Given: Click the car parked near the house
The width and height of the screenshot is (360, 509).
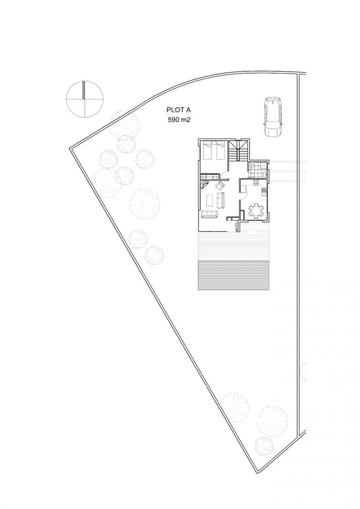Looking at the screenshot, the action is (x=273, y=117).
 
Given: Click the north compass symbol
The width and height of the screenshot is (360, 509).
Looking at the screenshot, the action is (x=85, y=99).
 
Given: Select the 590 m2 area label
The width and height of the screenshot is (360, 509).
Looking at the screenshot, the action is (x=179, y=120).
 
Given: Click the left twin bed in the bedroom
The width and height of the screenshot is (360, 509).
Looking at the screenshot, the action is (x=208, y=151).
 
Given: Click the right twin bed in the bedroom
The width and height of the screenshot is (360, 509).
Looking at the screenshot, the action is (x=220, y=151).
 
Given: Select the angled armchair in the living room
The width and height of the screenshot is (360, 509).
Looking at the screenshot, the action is (x=220, y=186).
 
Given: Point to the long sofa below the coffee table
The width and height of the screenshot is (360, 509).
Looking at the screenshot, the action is (x=210, y=214).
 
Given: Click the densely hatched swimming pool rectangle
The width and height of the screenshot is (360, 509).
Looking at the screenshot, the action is (x=233, y=275).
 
